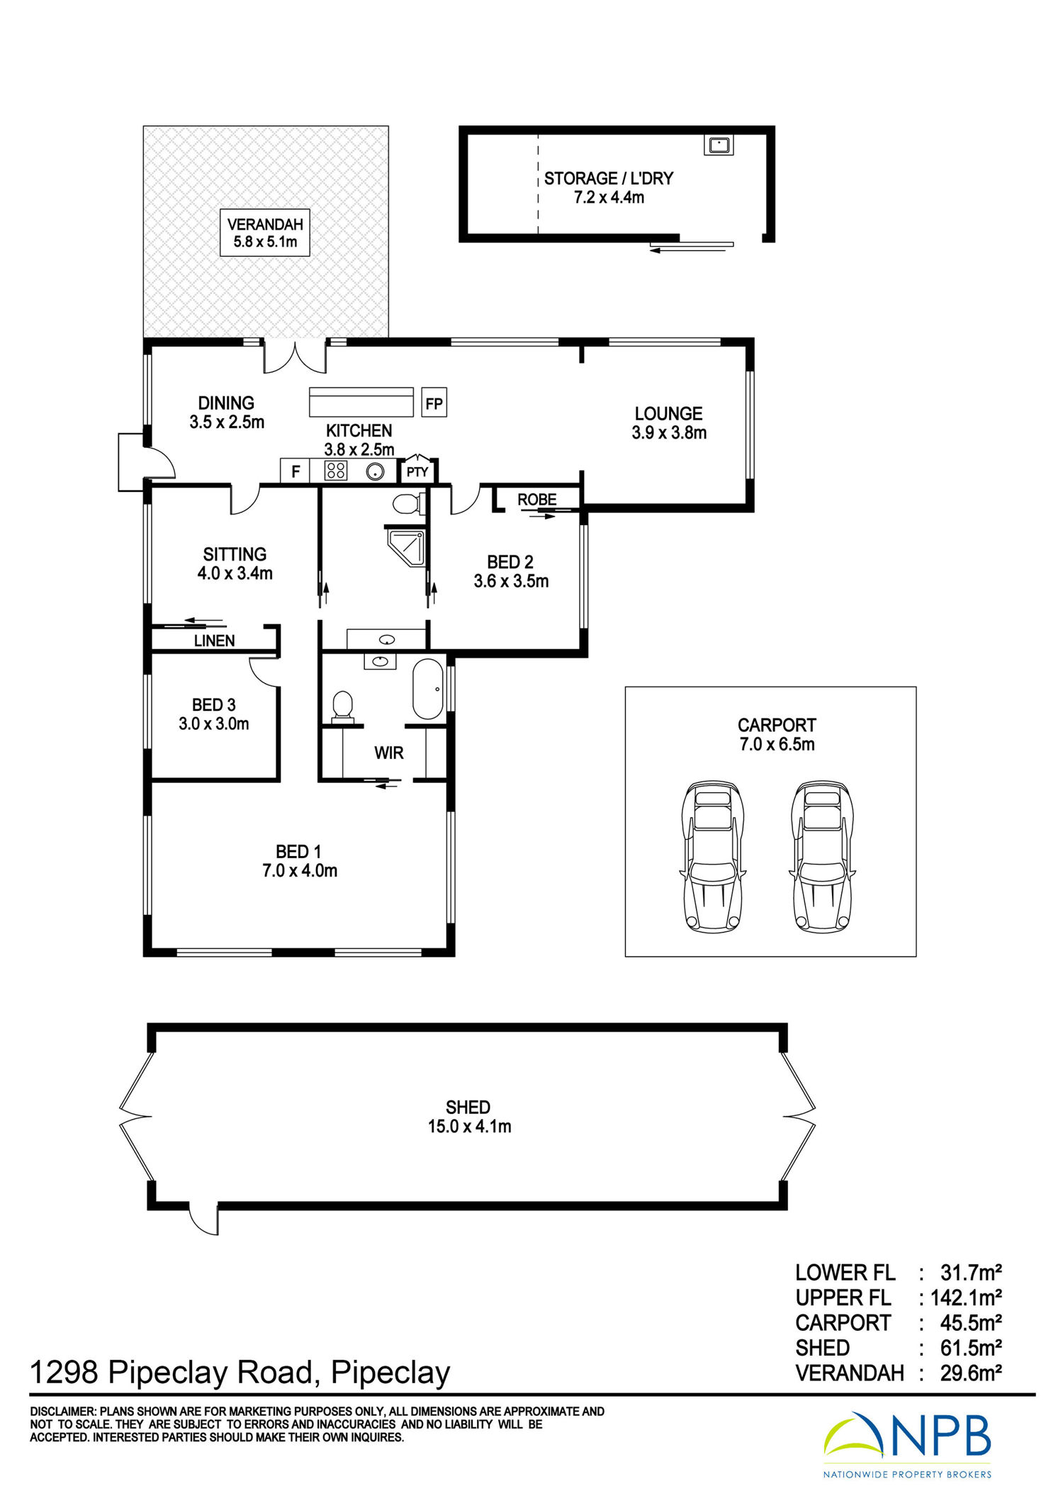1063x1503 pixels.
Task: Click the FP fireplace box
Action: tap(434, 403)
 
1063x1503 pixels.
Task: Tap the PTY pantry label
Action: tap(417, 472)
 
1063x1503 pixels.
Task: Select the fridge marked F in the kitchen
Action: tap(296, 471)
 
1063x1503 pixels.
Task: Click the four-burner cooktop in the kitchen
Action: tap(336, 471)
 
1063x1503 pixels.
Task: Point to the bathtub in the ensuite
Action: tap(428, 689)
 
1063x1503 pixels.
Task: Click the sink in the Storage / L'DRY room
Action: tap(719, 145)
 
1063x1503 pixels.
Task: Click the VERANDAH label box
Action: tap(265, 232)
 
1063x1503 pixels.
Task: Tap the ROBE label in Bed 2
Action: tap(537, 500)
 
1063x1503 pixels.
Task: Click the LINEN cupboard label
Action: tap(214, 641)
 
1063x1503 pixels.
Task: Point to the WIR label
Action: tap(389, 753)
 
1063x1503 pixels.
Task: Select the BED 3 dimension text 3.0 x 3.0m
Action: tap(214, 724)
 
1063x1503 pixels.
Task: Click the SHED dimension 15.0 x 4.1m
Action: tap(469, 1126)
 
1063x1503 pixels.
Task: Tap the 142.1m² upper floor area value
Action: tap(966, 1297)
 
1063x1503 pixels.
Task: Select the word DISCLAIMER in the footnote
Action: tap(62, 1412)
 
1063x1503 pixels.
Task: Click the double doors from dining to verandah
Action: tap(295, 356)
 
